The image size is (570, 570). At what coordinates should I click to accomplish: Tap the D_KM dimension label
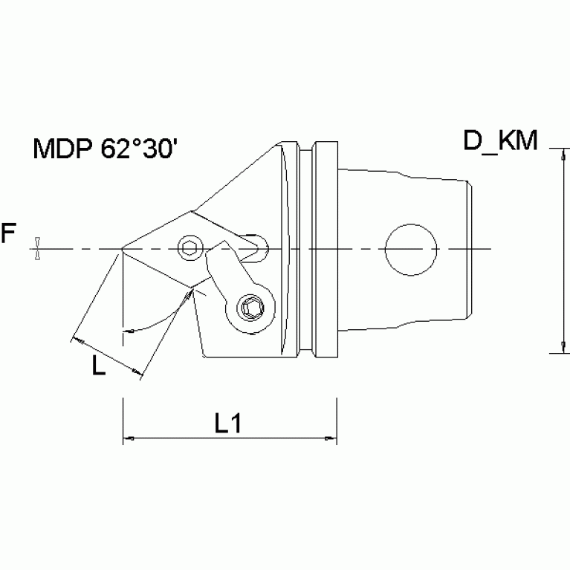500,140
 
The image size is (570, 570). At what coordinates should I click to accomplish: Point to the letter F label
8,236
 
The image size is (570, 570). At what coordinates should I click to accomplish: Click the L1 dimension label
229,423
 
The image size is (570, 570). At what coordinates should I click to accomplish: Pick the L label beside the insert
98,366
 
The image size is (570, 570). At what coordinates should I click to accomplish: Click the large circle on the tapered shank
410,249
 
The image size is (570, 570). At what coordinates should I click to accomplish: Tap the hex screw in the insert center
190,247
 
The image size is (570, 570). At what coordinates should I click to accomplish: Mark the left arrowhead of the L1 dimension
127,439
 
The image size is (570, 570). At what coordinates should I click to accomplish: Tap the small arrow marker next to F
35,249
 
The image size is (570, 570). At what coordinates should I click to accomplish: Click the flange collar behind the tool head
324,249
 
